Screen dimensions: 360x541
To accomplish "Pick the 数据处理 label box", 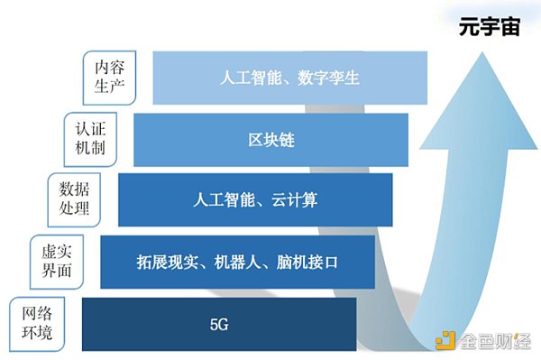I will (x=74, y=198).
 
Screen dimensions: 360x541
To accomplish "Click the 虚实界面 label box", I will (x=57, y=258).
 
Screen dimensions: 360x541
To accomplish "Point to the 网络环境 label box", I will (x=39, y=323).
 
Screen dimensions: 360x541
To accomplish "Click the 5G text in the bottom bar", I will (x=219, y=322).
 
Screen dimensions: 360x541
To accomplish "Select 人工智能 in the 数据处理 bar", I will (x=225, y=200).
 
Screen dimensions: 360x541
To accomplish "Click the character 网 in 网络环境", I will (x=30, y=314).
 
